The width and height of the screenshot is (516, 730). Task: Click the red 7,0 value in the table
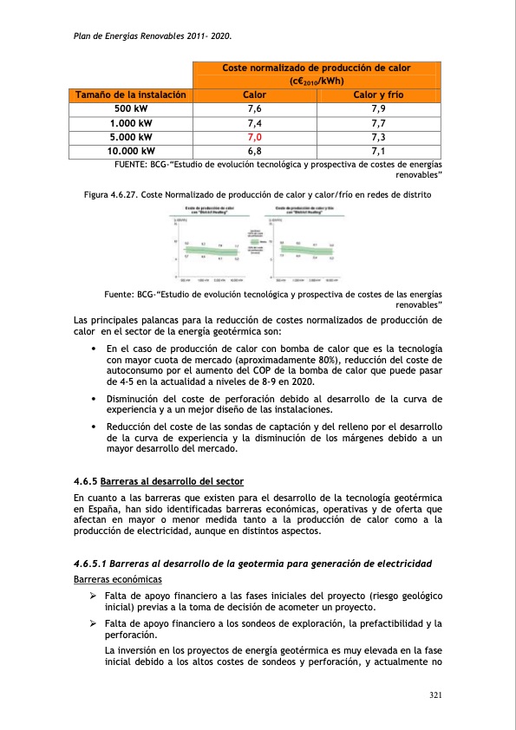(254, 136)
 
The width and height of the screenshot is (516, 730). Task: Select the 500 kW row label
(129, 108)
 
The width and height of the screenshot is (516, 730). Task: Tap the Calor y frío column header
(377, 95)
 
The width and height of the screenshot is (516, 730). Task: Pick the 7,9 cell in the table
(377, 108)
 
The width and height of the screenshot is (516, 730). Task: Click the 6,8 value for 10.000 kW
(254, 150)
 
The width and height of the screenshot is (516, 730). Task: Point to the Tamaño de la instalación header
(129, 95)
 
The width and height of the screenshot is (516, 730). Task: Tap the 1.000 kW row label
(129, 122)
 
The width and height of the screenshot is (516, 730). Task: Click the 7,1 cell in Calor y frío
(377, 150)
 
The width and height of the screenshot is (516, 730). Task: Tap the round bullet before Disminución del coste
(93, 399)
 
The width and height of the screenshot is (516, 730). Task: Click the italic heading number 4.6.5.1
(94, 564)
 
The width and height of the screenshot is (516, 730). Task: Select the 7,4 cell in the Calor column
(254, 122)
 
